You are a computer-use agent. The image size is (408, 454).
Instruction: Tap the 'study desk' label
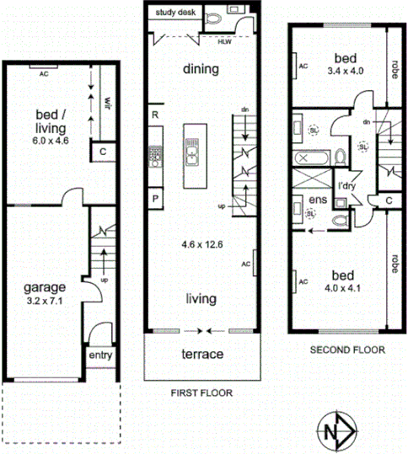pos(174,13)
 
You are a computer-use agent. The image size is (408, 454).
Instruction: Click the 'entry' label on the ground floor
pos(100,355)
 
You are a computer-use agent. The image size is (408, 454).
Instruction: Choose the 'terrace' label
pos(202,354)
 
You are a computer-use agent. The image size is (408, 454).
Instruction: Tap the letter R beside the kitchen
pos(156,114)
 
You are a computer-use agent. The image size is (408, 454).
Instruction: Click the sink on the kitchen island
pos(193,155)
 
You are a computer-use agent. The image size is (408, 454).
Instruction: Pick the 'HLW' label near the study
pos(224,40)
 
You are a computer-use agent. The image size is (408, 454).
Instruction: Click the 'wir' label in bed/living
pos(107,103)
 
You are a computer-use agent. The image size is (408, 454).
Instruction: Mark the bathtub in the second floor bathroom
pos(303,157)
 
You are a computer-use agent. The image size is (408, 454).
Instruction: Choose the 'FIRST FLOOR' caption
pos(201,392)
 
